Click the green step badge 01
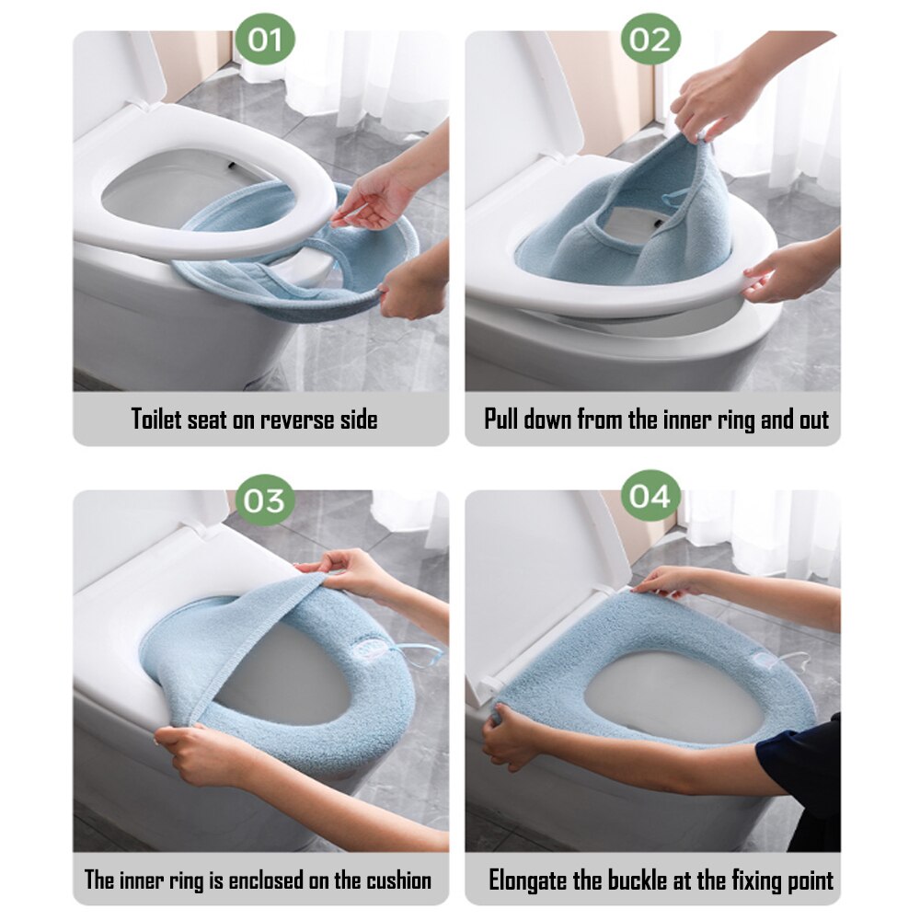pos(265,39)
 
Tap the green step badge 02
pos(650,39)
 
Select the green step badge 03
pos(265,500)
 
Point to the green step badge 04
pos(650,497)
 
